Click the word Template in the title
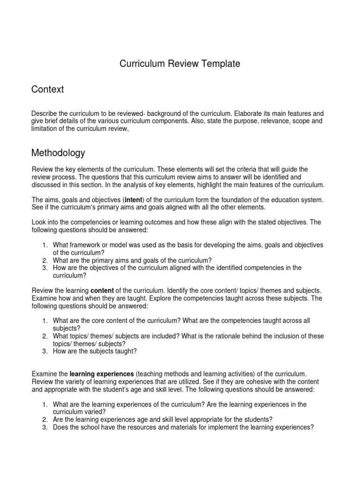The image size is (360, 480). (x=218, y=64)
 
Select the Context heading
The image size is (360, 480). (x=47, y=89)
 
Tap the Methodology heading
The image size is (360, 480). (x=58, y=152)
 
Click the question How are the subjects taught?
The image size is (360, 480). (x=95, y=351)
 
